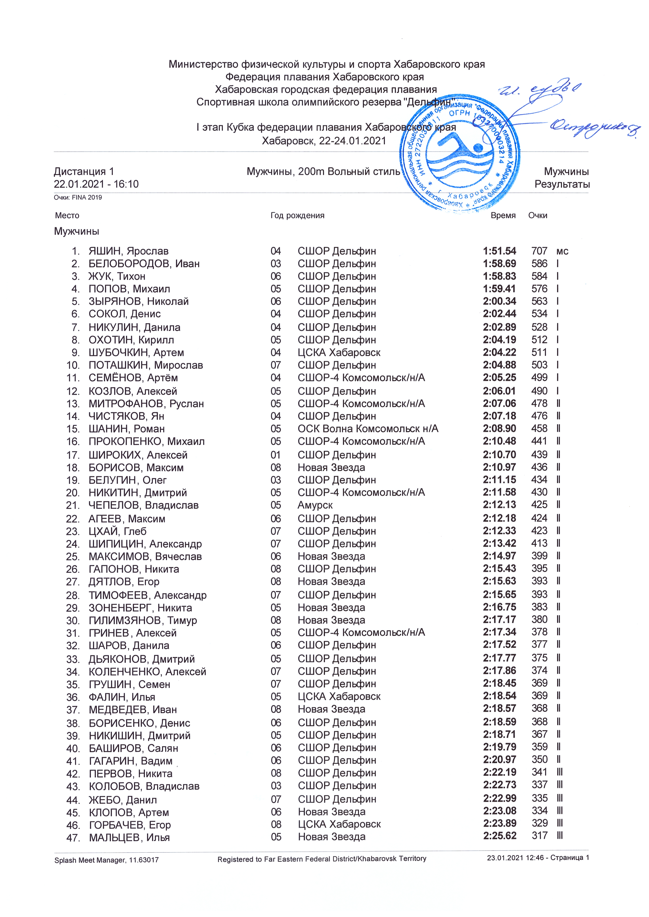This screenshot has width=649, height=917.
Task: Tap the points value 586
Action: point(539,264)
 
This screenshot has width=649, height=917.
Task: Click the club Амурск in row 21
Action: point(315,505)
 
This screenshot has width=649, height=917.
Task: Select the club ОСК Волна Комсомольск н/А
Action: point(368,429)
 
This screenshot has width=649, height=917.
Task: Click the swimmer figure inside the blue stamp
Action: point(460,148)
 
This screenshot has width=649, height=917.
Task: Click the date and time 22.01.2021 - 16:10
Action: point(96,184)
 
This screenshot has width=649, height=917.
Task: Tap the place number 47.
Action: point(73,838)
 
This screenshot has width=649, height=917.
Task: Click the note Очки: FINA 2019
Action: point(78,197)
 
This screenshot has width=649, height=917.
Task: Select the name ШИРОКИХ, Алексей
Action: point(138,455)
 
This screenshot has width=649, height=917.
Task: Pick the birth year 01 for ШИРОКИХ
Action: point(276,455)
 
